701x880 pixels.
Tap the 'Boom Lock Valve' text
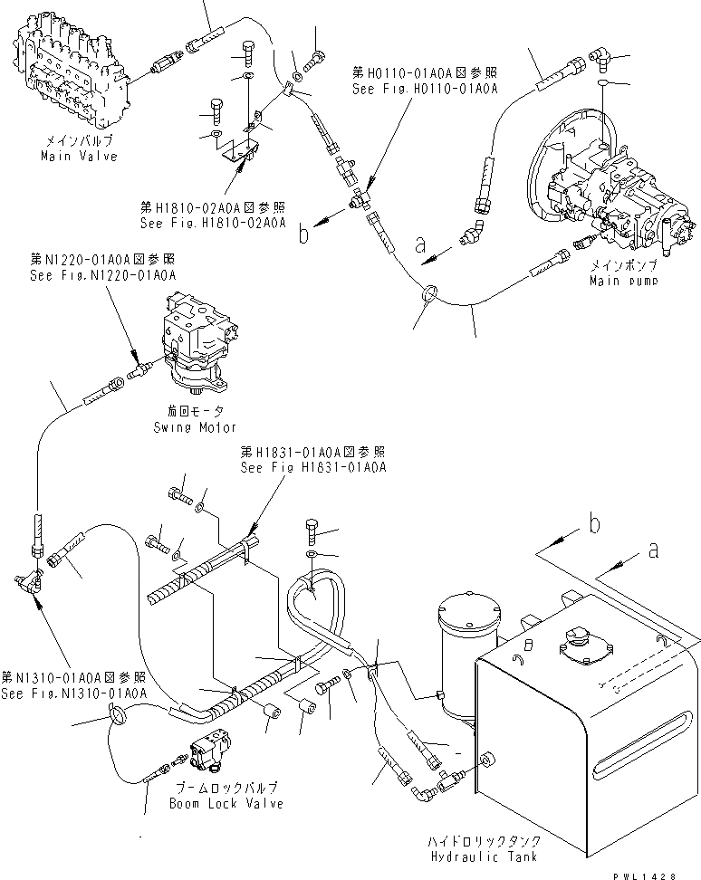226,804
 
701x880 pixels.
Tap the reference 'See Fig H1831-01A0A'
313,468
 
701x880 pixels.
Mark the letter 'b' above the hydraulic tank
593,523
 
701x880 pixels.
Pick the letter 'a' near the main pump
420,244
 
